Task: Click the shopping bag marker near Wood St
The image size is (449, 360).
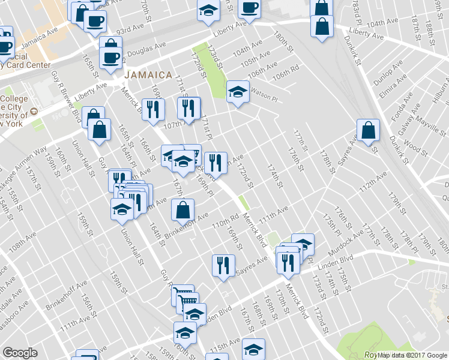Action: tap(368, 130)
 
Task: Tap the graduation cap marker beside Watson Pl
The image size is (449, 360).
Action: tap(238, 92)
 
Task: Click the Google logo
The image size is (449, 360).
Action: tap(20, 353)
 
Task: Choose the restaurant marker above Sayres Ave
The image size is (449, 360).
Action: tap(223, 266)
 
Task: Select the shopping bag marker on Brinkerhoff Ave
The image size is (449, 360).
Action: tap(182, 211)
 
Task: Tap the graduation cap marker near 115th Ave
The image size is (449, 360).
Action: tap(253, 349)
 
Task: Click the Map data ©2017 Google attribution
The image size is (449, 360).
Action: tap(413, 354)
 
